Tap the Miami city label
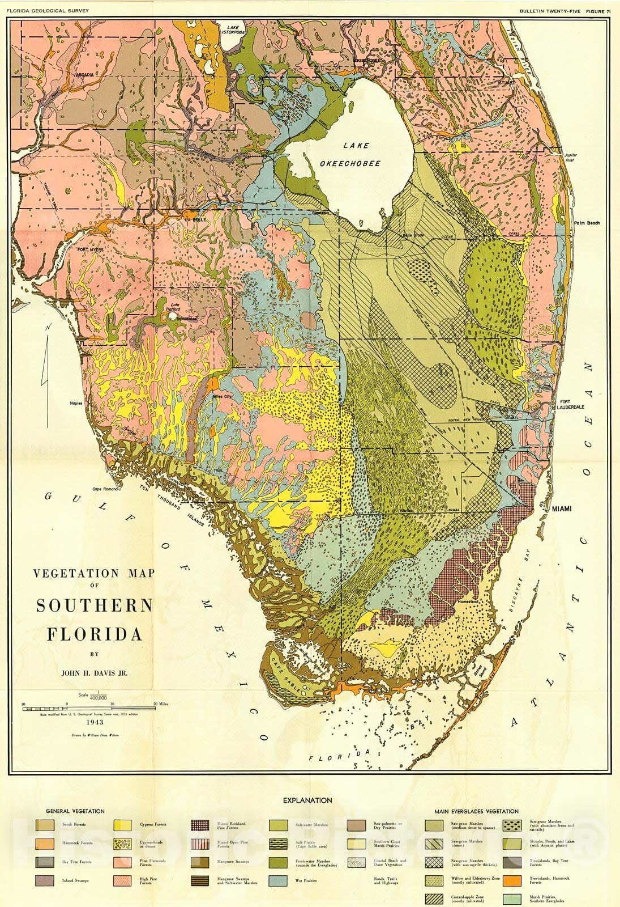(x=562, y=508)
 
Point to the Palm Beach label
(x=586, y=223)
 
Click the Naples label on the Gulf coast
(x=76, y=403)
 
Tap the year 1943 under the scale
(x=94, y=723)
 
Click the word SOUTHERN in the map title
(x=95, y=605)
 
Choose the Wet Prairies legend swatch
(x=278, y=880)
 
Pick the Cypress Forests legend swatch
(x=123, y=825)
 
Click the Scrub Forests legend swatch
(x=45, y=825)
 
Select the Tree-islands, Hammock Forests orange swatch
(x=512, y=880)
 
